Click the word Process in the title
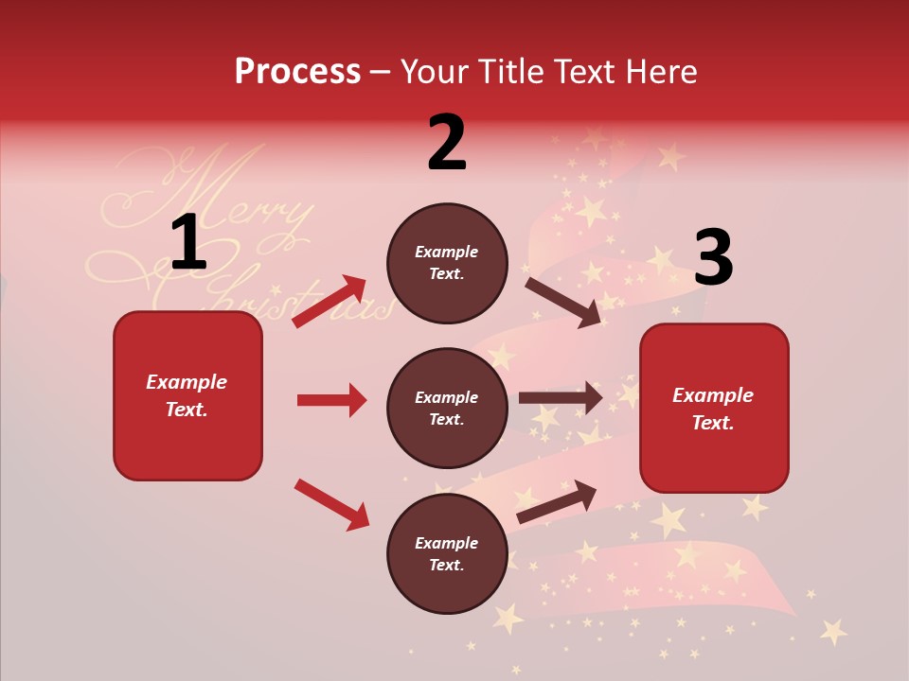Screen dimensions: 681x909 [297, 72]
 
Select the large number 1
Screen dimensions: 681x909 [188, 243]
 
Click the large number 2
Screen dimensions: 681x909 [447, 143]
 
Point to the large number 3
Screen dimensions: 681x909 [713, 257]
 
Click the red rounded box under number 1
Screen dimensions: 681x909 [187, 395]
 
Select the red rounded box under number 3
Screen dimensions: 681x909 [714, 408]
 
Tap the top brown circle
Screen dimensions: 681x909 [447, 263]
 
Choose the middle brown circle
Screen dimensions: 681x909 [447, 408]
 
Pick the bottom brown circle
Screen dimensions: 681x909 [447, 553]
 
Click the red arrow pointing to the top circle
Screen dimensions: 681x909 [330, 301]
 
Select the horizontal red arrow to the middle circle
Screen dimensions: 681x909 [331, 400]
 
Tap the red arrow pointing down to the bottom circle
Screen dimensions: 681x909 [331, 504]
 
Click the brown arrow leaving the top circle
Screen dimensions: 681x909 [562, 302]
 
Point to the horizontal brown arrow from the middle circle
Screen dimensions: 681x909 [561, 398]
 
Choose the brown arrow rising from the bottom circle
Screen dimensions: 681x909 [557, 501]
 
